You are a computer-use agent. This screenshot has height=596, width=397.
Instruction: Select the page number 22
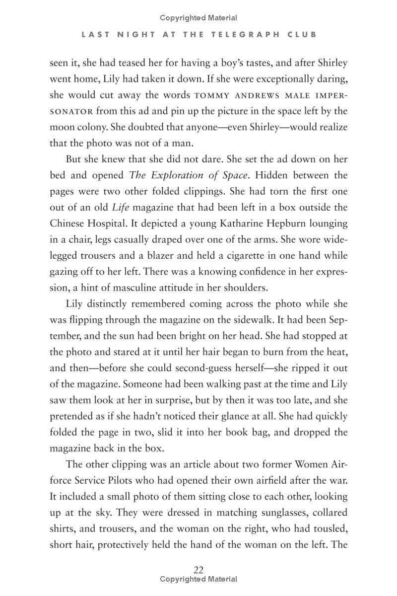click(198, 570)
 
